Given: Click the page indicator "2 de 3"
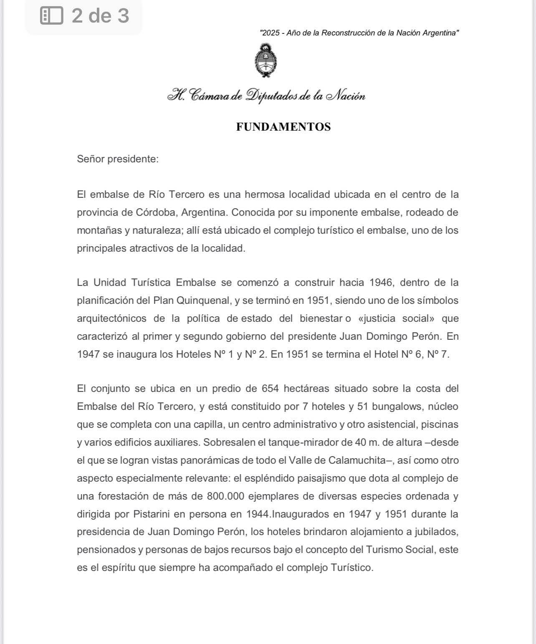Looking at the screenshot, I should tap(100, 16).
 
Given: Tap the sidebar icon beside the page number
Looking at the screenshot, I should tap(51, 16).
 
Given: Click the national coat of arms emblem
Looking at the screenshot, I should tap(265, 62).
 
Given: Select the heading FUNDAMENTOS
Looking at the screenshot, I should tap(283, 127).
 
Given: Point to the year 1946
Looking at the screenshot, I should tap(381, 283).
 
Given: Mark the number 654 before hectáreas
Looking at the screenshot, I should tap(270, 389).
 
